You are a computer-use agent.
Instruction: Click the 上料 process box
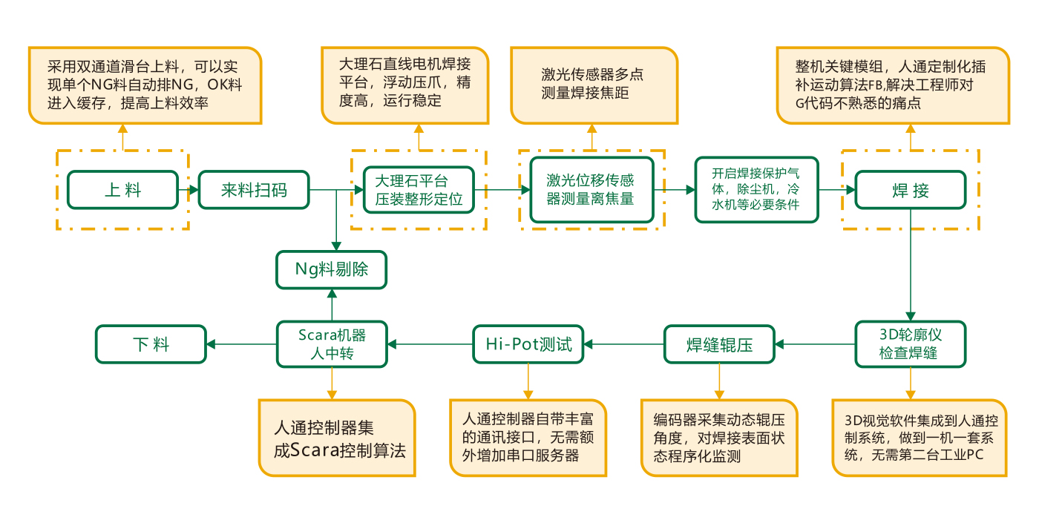[x=122, y=190]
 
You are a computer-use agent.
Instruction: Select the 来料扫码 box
[x=254, y=190]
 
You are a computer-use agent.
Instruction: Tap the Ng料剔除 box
[x=332, y=269]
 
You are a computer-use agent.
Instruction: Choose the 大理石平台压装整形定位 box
[x=419, y=190]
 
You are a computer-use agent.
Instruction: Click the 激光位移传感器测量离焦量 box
[x=591, y=189]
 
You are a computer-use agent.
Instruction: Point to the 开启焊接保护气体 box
[x=756, y=189]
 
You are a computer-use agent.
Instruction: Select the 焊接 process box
[x=911, y=190]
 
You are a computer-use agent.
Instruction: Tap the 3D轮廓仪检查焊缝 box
[x=911, y=343]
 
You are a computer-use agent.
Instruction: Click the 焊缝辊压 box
[x=718, y=344]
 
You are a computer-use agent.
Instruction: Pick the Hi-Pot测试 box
[x=529, y=344]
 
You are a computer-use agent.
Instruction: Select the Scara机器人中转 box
[x=332, y=343]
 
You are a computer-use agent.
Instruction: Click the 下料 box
[x=151, y=344]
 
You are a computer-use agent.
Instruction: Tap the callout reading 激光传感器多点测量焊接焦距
[x=593, y=85]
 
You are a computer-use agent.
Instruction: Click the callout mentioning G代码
[x=892, y=85]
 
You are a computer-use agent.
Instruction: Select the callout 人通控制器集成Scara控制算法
[x=336, y=438]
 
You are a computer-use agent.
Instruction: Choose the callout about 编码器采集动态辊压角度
[x=718, y=438]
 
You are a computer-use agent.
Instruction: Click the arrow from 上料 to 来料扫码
[x=189, y=190]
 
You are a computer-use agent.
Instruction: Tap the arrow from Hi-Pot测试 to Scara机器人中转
[x=430, y=344]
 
